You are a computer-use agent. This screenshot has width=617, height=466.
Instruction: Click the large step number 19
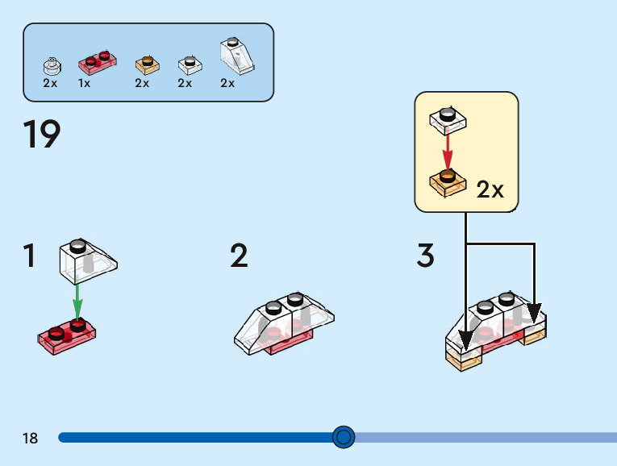pos(42,135)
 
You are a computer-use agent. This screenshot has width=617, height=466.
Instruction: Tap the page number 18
pos(31,439)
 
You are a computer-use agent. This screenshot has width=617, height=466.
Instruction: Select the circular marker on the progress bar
pos(344,437)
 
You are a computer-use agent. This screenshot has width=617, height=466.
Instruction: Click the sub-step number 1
pos(30,256)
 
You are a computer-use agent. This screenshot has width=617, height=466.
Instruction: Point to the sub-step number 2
pos(239,256)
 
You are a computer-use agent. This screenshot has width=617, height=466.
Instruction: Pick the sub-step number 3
pos(426,256)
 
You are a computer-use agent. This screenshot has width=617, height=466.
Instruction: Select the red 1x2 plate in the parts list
pos(96,60)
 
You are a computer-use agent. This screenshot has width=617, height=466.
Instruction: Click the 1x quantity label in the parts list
pos(84,83)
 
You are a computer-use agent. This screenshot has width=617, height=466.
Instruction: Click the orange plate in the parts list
pos(146,63)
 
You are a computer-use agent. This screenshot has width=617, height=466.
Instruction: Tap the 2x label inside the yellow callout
pos(490,190)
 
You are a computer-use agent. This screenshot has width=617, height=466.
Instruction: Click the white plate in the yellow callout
pos(448,120)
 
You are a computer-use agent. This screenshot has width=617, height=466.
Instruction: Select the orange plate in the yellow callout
pos(448,182)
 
